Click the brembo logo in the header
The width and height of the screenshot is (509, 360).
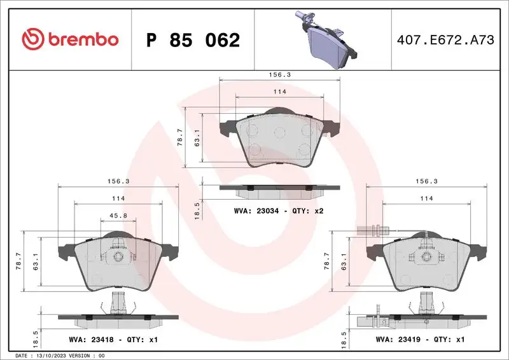pos(70,39)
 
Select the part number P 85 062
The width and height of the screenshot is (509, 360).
pos(193,40)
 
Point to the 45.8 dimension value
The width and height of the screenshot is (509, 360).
pos(118,216)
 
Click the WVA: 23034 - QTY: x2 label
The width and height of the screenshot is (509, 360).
pos(279,210)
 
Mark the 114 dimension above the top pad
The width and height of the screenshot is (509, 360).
pos(280,92)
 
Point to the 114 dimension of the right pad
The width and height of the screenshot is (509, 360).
pos(426,198)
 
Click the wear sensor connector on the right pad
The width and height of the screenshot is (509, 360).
pos(372,230)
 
